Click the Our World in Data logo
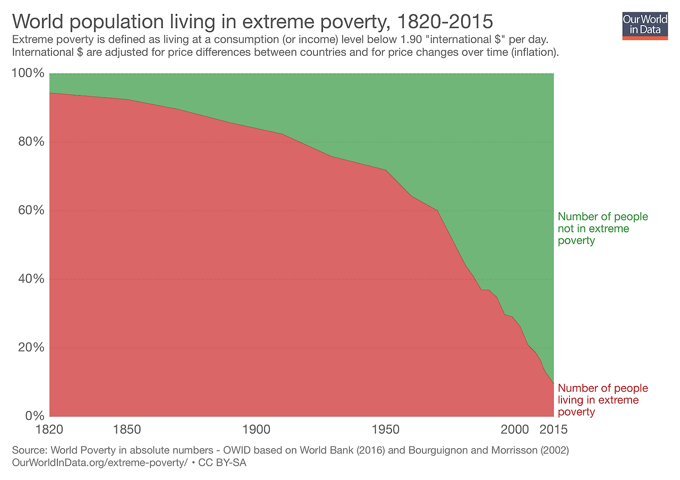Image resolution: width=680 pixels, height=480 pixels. [644, 24]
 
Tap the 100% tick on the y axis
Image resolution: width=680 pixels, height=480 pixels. [28, 73]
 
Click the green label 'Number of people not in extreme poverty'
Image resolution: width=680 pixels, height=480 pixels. [602, 229]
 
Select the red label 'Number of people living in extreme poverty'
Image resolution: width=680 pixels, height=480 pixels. [602, 400]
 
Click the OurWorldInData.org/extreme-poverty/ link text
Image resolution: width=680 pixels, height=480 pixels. [99, 463]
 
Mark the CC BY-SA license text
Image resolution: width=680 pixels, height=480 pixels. [222, 463]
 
